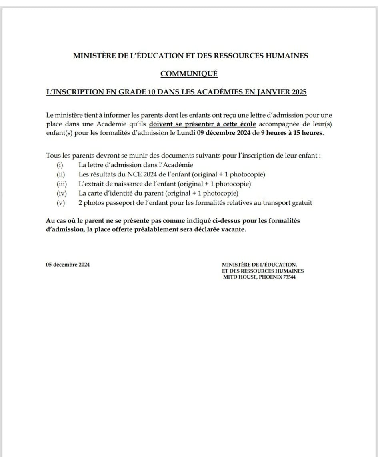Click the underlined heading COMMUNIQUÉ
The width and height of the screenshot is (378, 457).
coord(189,74)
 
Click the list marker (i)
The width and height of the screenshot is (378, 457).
coord(60,165)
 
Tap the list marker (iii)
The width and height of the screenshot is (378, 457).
coord(61,184)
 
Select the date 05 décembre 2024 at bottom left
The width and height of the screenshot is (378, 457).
coord(68,265)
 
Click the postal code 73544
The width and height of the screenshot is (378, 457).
coord(289,277)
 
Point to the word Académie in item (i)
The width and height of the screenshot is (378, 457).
coord(178,165)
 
